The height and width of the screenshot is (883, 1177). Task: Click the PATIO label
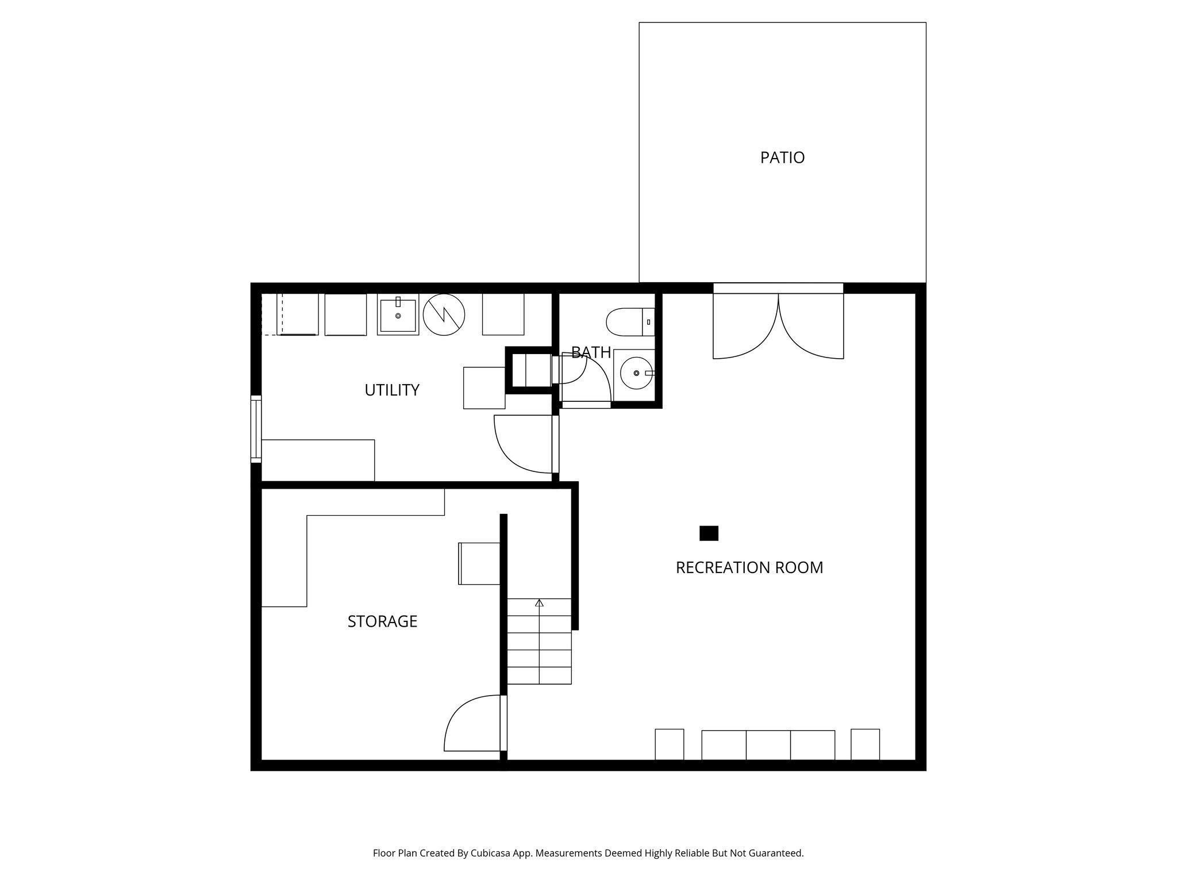(x=782, y=158)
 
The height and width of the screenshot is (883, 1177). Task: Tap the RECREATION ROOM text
(x=749, y=568)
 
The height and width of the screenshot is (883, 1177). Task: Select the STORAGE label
(x=382, y=621)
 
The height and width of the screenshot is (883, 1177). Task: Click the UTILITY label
(x=392, y=390)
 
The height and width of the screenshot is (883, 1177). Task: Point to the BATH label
(x=591, y=352)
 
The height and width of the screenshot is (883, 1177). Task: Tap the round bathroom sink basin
(x=636, y=373)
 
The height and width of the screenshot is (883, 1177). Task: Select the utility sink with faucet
(x=398, y=315)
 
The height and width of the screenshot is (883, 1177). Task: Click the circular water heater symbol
(x=444, y=314)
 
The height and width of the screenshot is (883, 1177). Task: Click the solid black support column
(x=709, y=533)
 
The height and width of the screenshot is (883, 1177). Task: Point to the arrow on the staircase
(x=539, y=603)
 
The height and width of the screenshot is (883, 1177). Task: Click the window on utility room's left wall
(x=256, y=429)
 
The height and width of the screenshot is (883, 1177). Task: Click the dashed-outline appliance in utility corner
(x=290, y=314)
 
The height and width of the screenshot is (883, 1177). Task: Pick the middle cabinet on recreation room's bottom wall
(x=768, y=745)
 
